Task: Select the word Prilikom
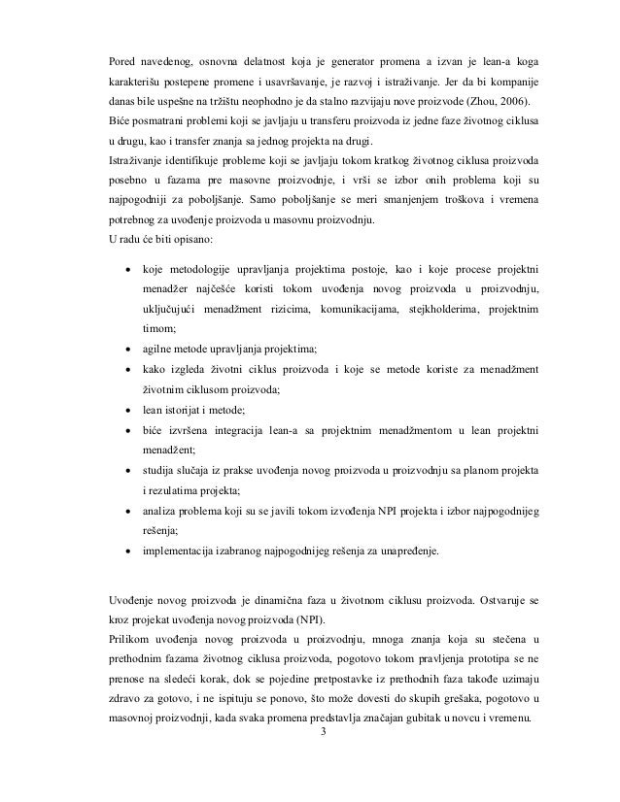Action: [x=132, y=643]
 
